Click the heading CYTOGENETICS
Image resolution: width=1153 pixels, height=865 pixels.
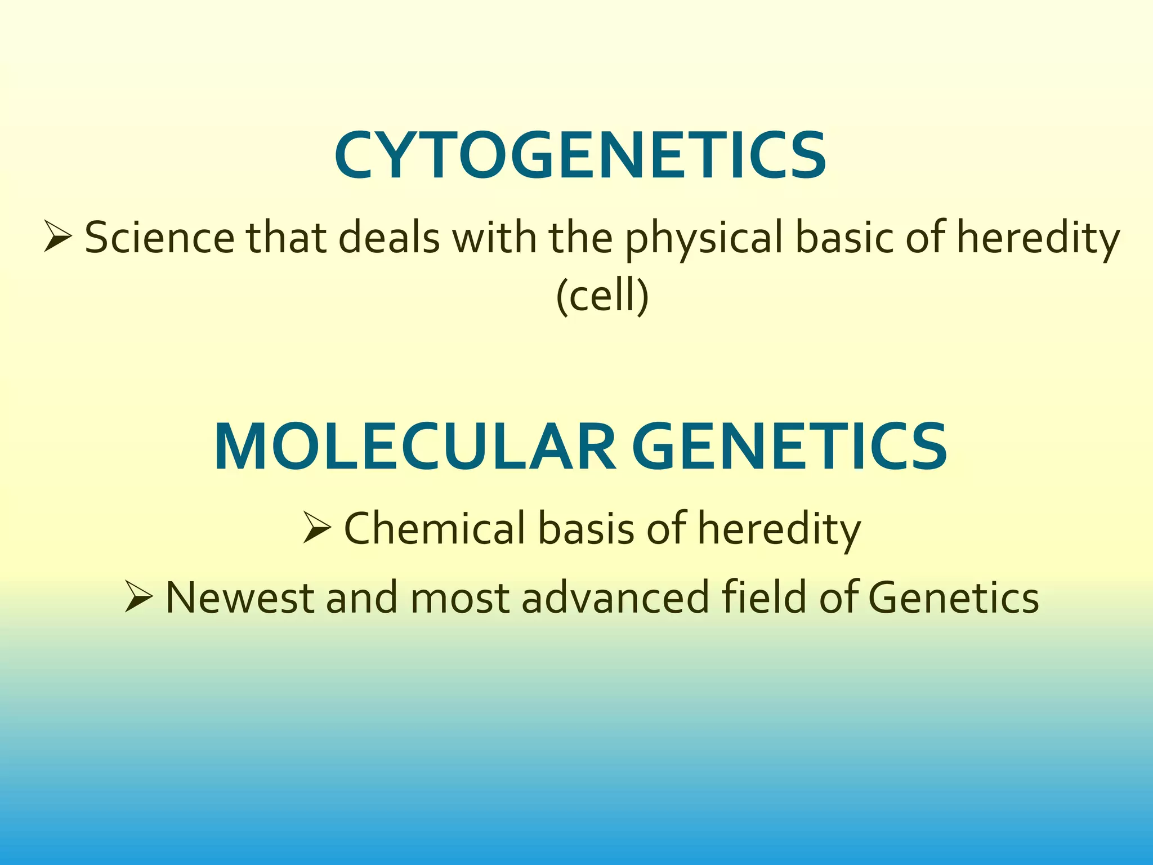click(580, 156)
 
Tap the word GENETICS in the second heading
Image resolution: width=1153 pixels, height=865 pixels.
click(789, 447)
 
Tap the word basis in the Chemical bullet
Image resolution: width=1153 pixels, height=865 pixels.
click(586, 529)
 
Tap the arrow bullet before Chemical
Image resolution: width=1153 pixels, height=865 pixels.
click(316, 528)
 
